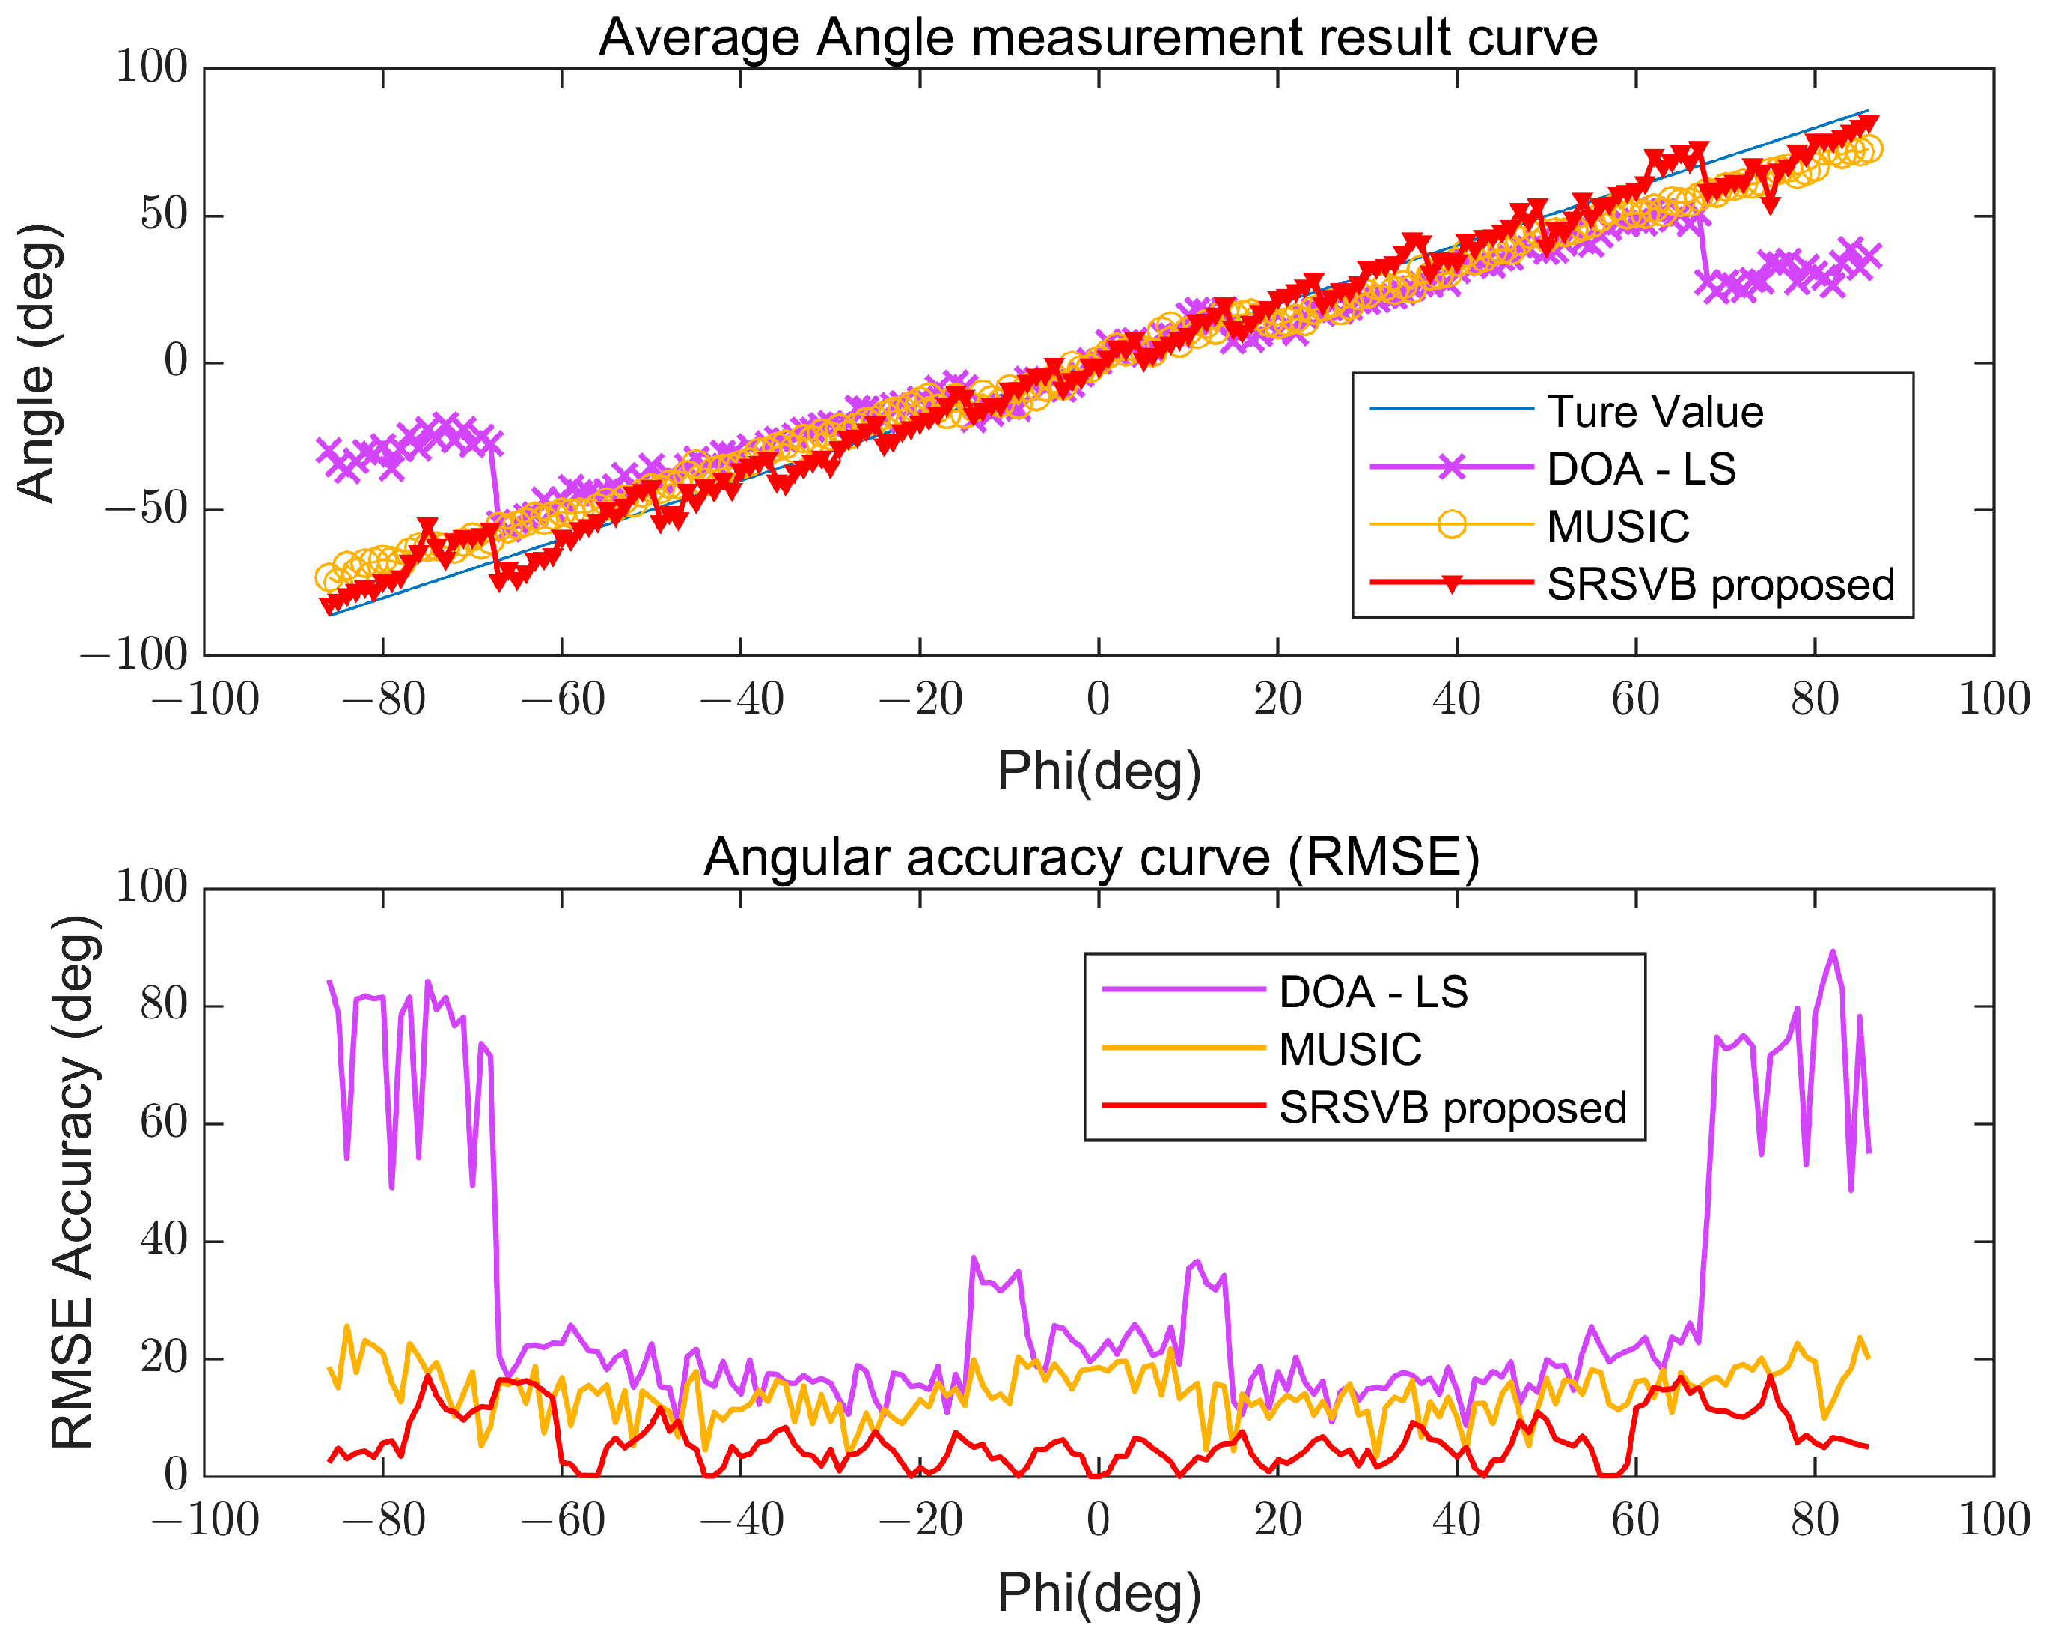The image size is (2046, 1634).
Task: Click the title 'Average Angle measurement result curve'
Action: (1098, 38)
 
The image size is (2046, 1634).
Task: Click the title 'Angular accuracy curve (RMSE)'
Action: (1091, 857)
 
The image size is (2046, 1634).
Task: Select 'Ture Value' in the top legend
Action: (1655, 412)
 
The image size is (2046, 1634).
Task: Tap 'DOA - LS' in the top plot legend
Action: (1641, 469)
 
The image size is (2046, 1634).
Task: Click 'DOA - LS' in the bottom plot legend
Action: (1373, 992)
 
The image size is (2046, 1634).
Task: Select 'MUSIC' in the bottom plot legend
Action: (1350, 1050)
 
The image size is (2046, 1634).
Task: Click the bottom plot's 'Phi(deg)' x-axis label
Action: (1099, 1592)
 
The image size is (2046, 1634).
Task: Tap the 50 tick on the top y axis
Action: (163, 216)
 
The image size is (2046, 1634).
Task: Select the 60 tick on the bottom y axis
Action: (163, 1123)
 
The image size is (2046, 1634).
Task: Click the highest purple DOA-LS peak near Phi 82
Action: (1833, 951)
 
